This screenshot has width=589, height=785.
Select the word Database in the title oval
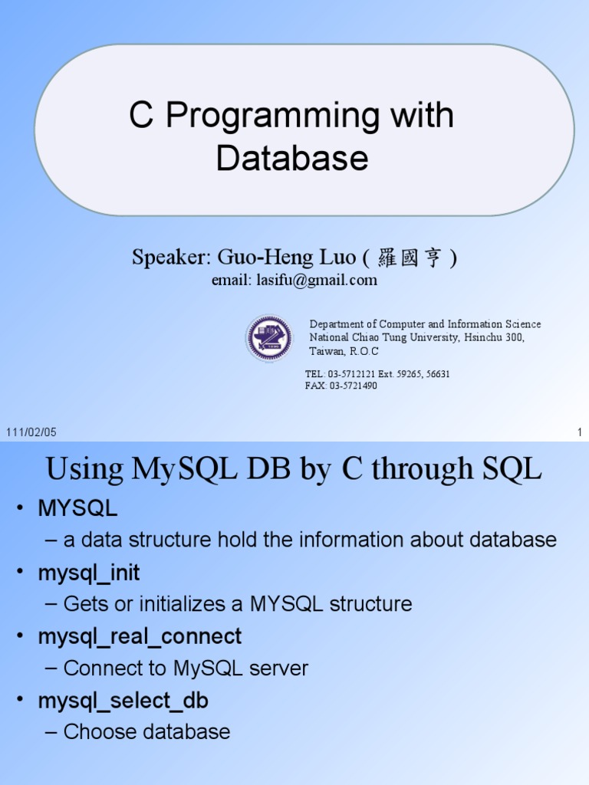[292, 158]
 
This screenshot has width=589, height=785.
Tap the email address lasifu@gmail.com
[317, 280]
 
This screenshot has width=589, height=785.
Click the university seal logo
[269, 337]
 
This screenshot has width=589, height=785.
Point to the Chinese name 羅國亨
[410, 258]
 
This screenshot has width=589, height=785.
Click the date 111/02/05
[31, 432]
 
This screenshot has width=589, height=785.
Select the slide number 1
[580, 432]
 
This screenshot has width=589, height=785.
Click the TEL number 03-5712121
[351, 374]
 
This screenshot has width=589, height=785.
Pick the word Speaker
[169, 258]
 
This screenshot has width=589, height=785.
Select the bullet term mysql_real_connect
[140, 637]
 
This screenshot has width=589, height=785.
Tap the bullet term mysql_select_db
[123, 701]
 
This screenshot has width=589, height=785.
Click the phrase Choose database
[146, 732]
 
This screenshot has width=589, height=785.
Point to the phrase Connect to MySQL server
[186, 668]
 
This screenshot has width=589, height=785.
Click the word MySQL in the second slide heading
[184, 469]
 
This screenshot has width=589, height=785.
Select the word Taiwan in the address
[326, 351]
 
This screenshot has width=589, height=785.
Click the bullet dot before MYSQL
[20, 508]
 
